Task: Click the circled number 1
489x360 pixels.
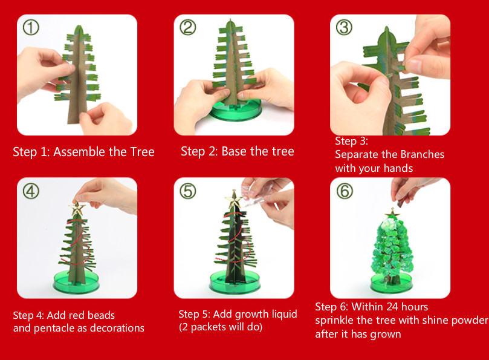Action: coord(31,27)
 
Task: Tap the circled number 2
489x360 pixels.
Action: coord(188,27)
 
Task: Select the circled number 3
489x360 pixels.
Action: coord(344,27)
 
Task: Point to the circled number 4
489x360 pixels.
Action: coord(31,191)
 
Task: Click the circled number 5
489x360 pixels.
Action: coord(188,191)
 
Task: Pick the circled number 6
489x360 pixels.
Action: coord(345,191)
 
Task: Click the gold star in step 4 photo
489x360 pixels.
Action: coord(77,208)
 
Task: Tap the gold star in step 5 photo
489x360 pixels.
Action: coord(234,199)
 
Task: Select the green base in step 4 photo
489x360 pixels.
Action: coord(76,281)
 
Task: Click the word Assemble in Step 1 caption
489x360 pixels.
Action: coord(79,152)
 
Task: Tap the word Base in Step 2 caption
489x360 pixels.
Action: coord(234,151)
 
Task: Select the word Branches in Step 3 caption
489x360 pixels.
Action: coord(422,154)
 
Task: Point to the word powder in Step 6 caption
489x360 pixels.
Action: coord(470,320)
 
